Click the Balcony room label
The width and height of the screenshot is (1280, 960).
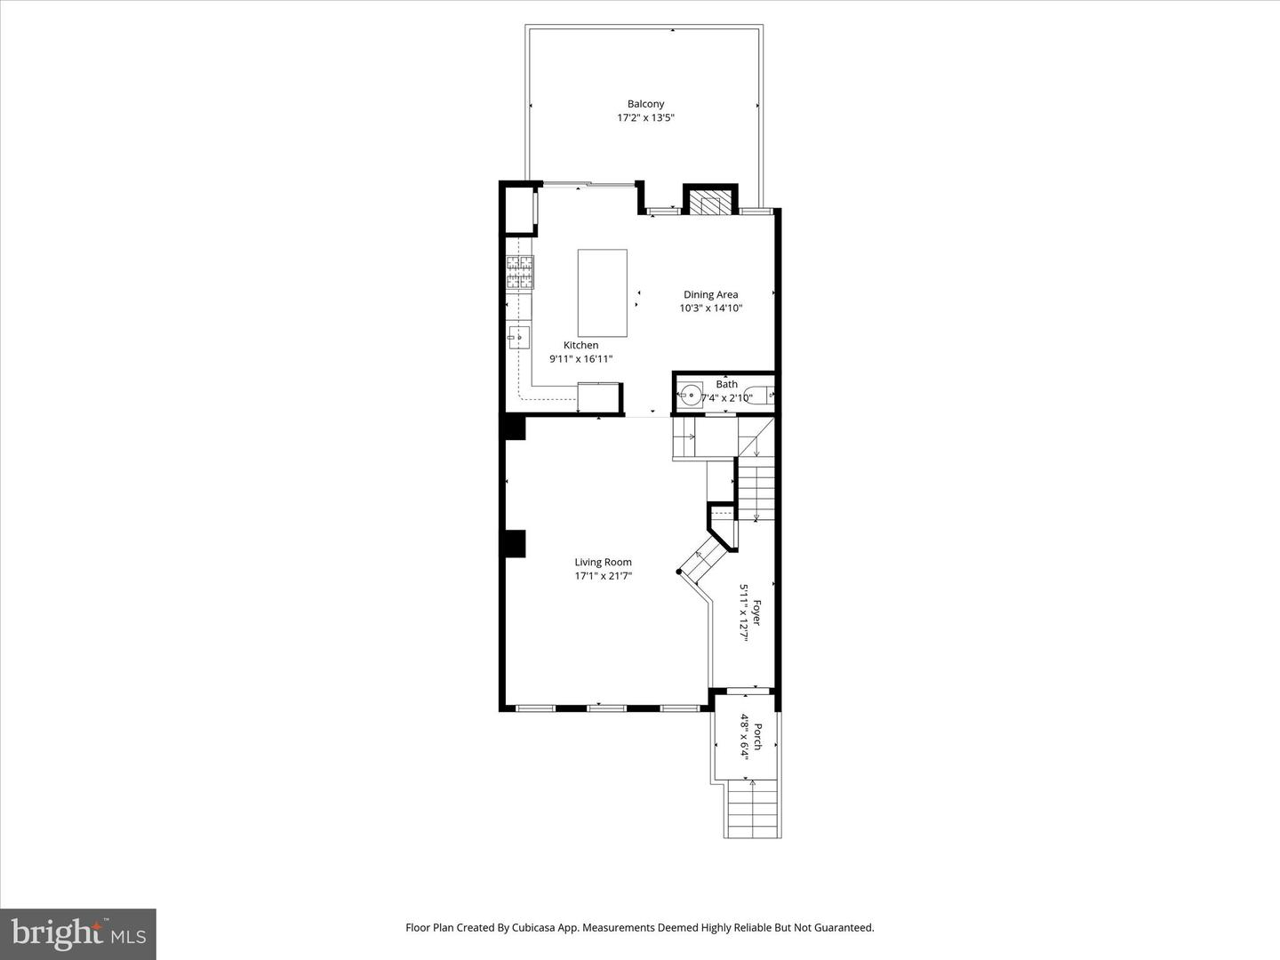(x=645, y=104)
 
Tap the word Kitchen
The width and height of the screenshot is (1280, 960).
(x=580, y=345)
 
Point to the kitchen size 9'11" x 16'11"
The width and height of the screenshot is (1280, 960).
(x=580, y=359)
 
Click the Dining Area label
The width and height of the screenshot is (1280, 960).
(x=710, y=294)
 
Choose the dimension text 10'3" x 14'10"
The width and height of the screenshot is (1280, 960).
(x=710, y=308)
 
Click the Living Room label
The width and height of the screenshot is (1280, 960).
(x=603, y=562)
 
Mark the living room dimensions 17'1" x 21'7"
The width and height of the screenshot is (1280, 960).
(x=603, y=576)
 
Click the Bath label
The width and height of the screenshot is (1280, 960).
(x=726, y=384)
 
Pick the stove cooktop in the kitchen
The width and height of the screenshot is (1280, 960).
(x=521, y=272)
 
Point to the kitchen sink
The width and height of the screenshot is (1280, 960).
(x=519, y=336)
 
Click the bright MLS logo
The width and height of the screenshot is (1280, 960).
(x=78, y=933)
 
